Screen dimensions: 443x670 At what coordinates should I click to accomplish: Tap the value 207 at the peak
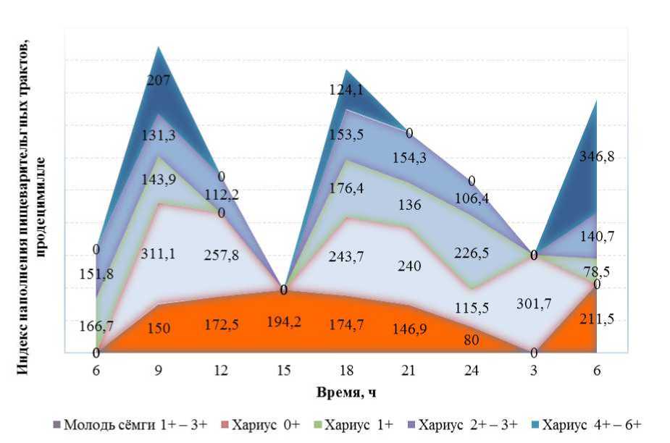[159, 80]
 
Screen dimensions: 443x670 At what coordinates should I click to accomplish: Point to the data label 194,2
[284, 320]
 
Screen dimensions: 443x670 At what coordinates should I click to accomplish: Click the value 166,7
[96, 326]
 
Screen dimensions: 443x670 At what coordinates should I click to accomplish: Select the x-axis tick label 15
[284, 370]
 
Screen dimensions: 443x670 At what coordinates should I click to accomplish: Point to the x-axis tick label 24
[471, 370]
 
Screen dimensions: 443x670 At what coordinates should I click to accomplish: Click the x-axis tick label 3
[533, 370]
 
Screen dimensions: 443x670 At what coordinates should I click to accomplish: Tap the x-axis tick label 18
[346, 370]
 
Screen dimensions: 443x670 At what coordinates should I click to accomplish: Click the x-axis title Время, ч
[346, 392]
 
